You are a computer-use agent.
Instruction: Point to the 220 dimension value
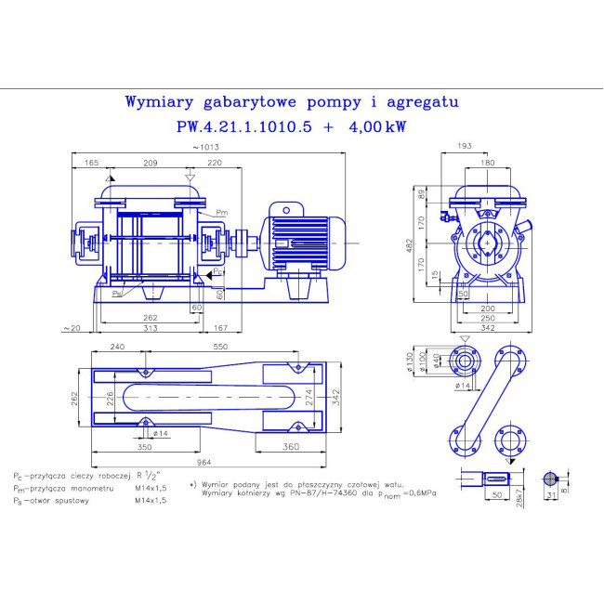[216, 163]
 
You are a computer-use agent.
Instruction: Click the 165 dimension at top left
[91, 163]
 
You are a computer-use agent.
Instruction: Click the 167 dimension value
[221, 328]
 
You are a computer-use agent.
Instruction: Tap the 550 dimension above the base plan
[221, 346]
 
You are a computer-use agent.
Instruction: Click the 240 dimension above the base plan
[118, 346]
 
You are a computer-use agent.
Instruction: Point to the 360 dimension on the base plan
[291, 447]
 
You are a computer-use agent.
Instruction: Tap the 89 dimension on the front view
[423, 194]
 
